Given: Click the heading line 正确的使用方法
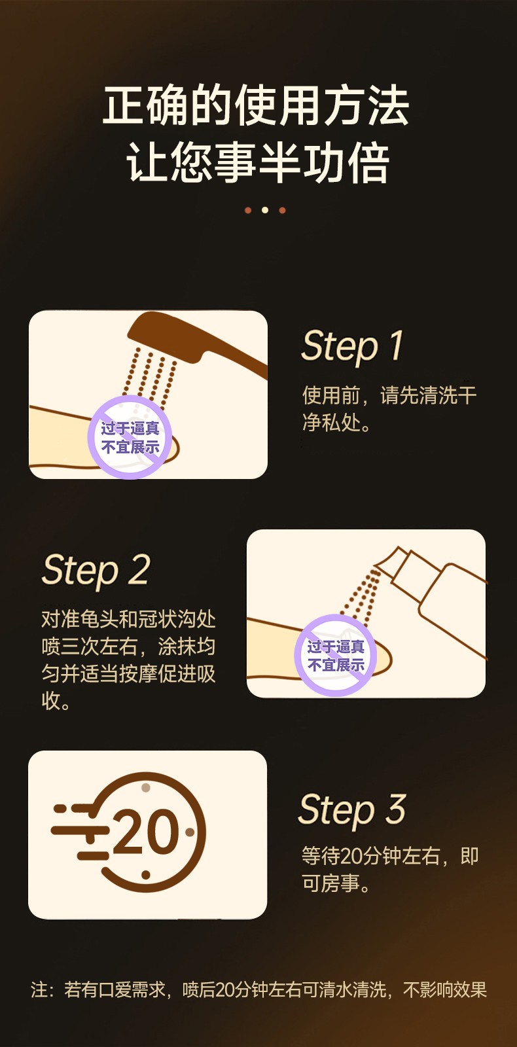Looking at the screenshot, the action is click(256, 105).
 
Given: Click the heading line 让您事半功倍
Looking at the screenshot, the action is click(258, 162).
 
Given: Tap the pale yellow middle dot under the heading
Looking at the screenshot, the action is click(265, 210).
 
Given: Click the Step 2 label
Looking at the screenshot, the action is click(96, 570).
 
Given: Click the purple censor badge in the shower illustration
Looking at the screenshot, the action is click(130, 437).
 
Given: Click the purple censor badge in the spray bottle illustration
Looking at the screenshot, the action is click(336, 655).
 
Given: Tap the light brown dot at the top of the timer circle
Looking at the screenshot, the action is click(146, 787).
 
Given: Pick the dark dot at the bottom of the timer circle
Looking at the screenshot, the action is click(146, 874).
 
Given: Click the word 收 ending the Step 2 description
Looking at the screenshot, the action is click(51, 701).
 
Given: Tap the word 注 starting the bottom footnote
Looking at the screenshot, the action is click(39, 989).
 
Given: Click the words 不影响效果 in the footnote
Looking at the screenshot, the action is click(445, 989).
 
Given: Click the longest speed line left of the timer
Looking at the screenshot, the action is click(80, 830).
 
